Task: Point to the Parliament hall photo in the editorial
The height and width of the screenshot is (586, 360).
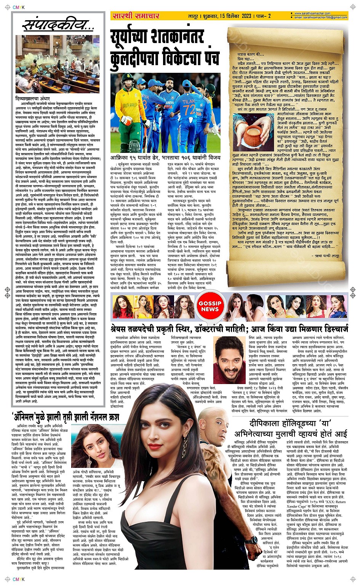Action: tap(57, 64)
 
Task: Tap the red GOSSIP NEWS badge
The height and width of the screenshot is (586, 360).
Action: tap(210, 306)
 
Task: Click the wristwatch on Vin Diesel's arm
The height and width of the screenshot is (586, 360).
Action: tap(251, 540)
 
